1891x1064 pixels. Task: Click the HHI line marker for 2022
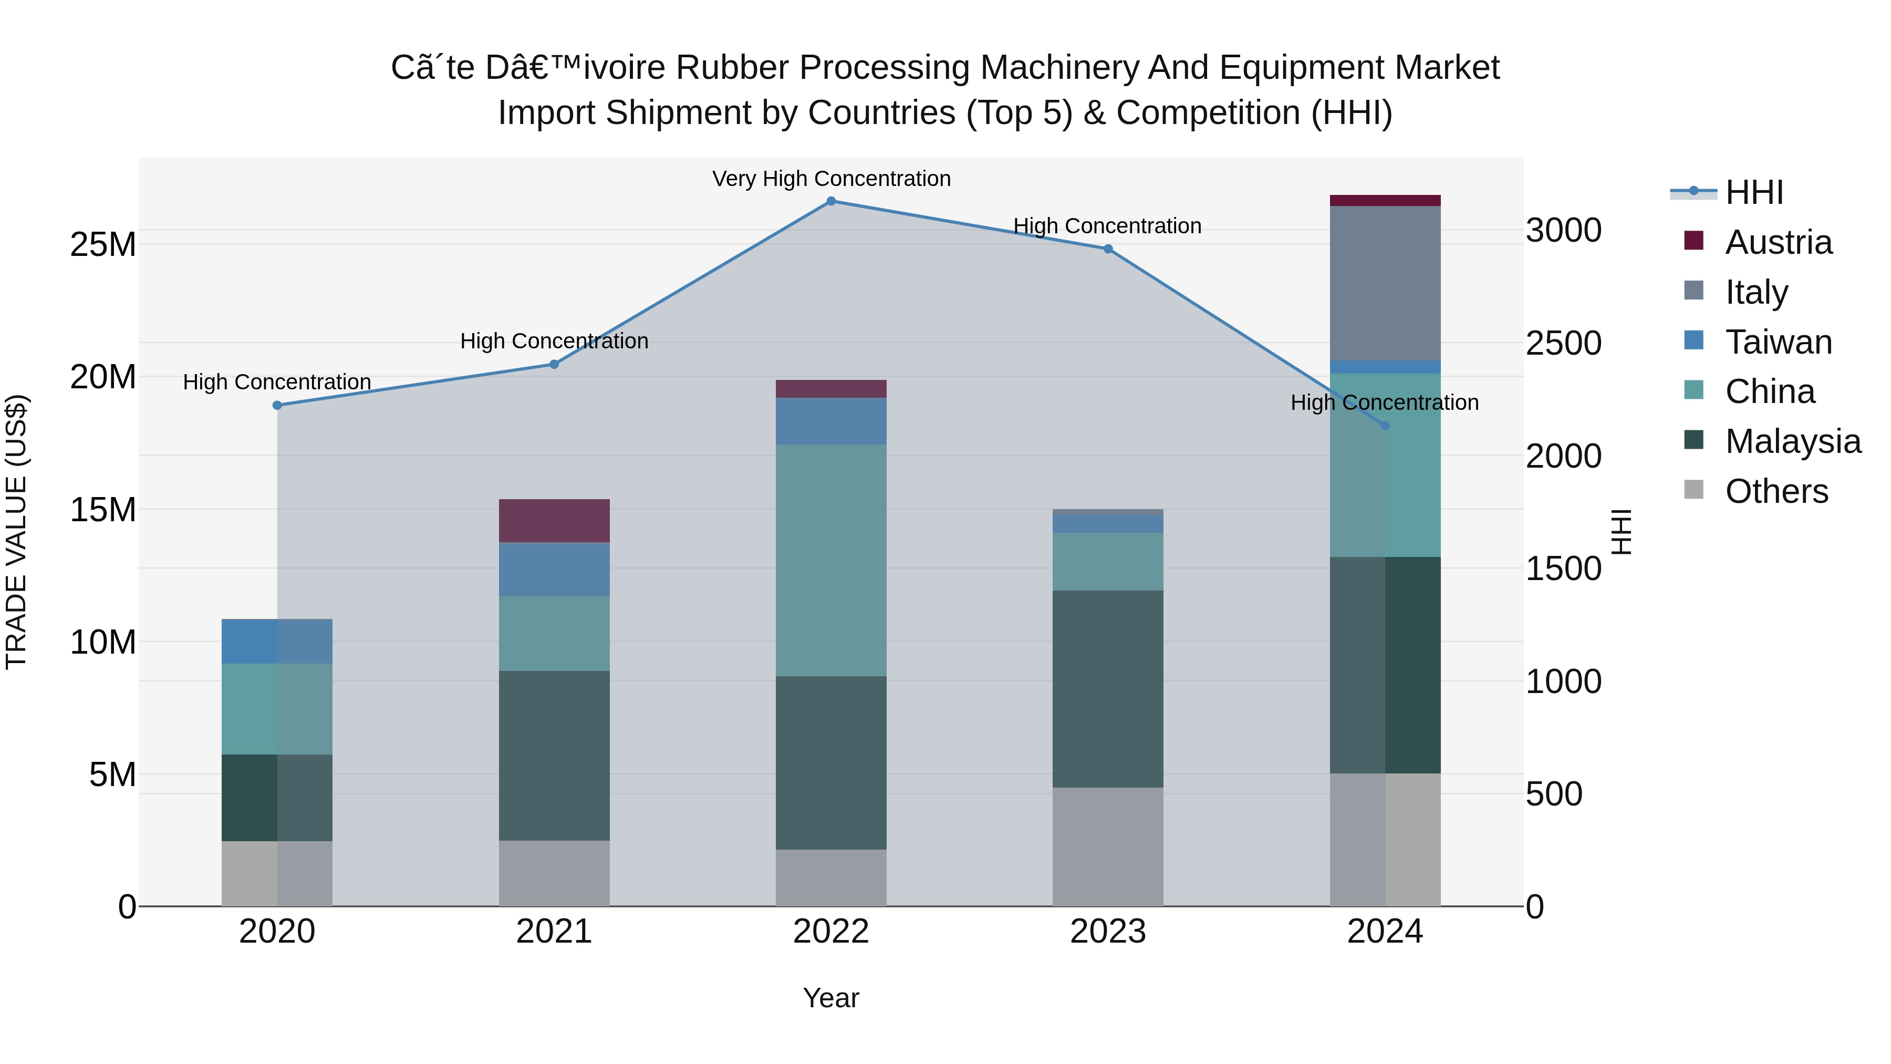pos(831,201)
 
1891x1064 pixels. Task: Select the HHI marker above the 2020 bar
pos(277,405)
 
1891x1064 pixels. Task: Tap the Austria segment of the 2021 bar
pos(554,521)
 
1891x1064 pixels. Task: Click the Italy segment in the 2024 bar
pos(1385,283)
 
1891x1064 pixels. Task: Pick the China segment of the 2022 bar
pos(831,560)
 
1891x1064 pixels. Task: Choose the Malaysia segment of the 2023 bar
pos(1108,689)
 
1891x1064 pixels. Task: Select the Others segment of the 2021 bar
pos(554,873)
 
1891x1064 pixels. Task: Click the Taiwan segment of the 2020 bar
pos(277,641)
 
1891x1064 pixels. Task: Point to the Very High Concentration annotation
pos(831,179)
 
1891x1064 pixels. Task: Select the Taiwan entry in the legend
pos(1778,342)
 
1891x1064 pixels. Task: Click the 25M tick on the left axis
pos(103,244)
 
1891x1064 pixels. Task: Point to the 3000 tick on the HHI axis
pos(1563,231)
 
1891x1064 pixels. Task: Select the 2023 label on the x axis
pos(1108,932)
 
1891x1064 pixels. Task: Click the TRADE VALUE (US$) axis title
pos(16,532)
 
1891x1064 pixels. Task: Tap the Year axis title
pos(831,998)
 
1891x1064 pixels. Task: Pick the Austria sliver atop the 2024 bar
pos(1385,201)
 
